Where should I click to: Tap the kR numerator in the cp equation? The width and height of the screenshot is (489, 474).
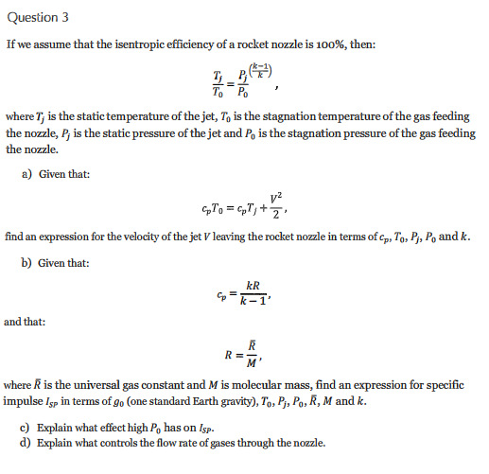click(253, 286)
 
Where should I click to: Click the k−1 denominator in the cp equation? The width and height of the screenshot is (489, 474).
click(253, 301)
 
